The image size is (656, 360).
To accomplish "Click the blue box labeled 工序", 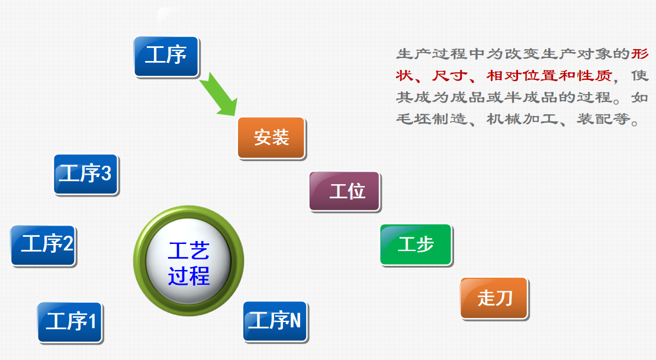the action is point(166,57).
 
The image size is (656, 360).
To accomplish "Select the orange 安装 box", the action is point(271,138).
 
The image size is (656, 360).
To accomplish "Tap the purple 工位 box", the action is point(345,191).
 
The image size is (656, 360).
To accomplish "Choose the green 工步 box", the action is point(416,245).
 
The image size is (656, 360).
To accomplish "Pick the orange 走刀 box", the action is point(494,298).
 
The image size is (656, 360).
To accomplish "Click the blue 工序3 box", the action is point(86,174).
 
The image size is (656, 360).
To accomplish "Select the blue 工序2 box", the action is point(43,245).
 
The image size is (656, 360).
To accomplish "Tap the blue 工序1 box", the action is point(70,322).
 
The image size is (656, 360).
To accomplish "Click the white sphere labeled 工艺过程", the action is point(188,261).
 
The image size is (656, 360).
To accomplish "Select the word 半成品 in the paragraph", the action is point(522,98).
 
